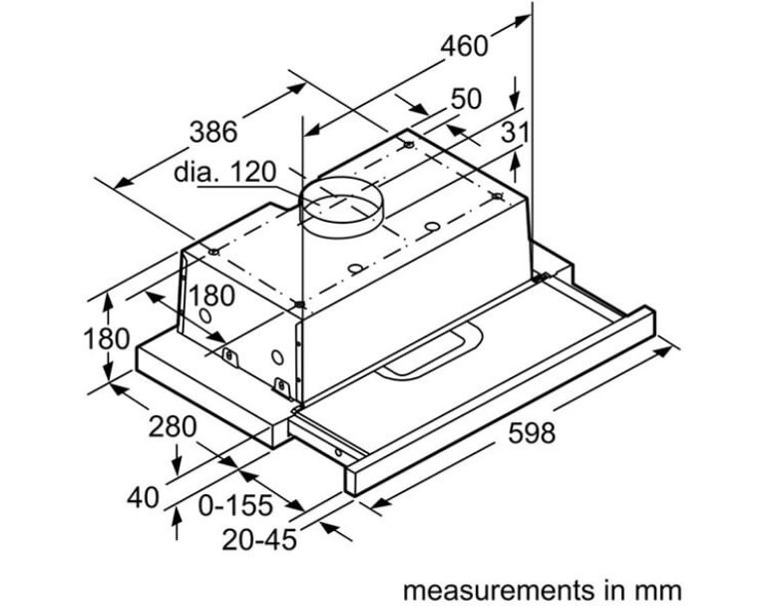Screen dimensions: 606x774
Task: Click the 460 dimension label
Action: pos(465,45)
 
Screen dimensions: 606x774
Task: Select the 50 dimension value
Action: pos(465,99)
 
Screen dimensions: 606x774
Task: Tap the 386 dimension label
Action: pos(214,131)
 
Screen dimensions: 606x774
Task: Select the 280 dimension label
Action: pos(173,426)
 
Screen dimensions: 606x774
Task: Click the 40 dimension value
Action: pos(145,496)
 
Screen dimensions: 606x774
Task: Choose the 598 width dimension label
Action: pos(533,434)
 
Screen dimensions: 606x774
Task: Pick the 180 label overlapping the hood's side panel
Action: pos(211,296)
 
